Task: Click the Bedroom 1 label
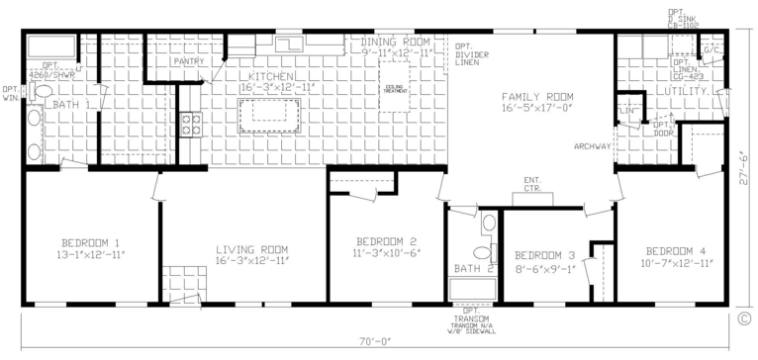(x=89, y=243)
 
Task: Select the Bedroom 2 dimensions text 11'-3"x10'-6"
(x=385, y=252)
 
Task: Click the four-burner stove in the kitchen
(x=191, y=125)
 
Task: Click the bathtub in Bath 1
(x=49, y=47)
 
